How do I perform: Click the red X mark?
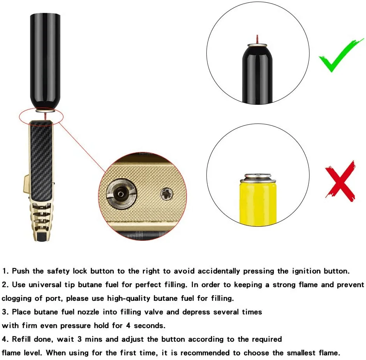pos(340,180)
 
